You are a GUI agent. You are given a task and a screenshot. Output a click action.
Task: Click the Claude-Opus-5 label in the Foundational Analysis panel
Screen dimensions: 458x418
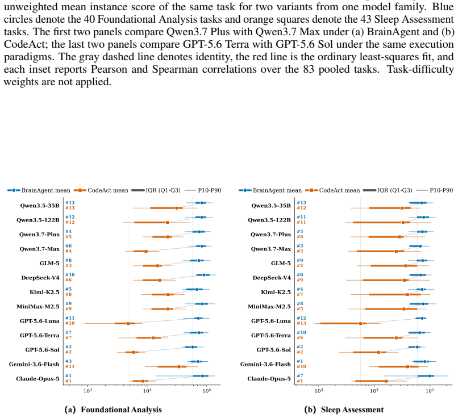(x=38, y=379)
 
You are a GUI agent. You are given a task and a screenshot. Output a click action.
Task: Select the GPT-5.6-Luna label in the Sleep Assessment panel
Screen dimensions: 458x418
(x=271, y=321)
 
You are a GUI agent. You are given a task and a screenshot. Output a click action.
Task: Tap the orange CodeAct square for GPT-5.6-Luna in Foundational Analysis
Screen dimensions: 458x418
(x=128, y=323)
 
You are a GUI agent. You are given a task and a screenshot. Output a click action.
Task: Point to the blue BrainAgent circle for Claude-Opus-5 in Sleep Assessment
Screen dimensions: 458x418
(x=430, y=376)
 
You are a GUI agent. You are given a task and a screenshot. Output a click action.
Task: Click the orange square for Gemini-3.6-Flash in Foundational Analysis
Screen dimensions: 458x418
(x=179, y=367)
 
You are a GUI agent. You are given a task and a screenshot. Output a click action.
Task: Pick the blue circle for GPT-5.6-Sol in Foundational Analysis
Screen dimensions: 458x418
(x=193, y=347)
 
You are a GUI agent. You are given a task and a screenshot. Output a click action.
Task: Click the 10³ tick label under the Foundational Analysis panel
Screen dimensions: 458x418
(x=88, y=391)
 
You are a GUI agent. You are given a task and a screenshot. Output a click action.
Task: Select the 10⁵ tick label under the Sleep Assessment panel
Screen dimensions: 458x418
(x=430, y=391)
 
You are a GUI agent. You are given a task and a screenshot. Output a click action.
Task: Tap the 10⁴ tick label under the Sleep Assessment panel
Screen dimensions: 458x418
(x=374, y=391)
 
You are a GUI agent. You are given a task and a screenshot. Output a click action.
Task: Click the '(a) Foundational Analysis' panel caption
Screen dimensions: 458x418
(x=113, y=410)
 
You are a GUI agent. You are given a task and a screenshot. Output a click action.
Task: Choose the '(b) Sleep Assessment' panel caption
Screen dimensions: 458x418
(x=344, y=410)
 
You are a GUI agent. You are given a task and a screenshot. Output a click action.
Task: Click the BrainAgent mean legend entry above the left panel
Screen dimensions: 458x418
(x=39, y=190)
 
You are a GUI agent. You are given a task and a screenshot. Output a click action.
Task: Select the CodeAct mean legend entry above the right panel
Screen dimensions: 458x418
(x=332, y=190)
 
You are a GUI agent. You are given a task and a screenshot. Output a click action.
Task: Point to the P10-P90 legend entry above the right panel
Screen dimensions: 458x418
(x=435, y=190)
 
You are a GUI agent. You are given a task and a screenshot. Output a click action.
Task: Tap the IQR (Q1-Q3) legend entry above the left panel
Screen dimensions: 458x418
(x=156, y=190)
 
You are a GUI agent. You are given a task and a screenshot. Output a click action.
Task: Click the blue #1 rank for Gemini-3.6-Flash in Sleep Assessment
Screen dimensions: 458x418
(x=299, y=361)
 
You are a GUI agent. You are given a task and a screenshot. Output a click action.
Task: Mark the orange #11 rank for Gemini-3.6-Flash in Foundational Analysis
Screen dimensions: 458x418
(x=70, y=367)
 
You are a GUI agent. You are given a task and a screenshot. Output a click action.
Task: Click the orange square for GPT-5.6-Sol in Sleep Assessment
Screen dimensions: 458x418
(x=378, y=352)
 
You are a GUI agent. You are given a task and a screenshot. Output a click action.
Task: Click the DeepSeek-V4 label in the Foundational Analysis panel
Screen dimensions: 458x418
(x=40, y=278)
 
